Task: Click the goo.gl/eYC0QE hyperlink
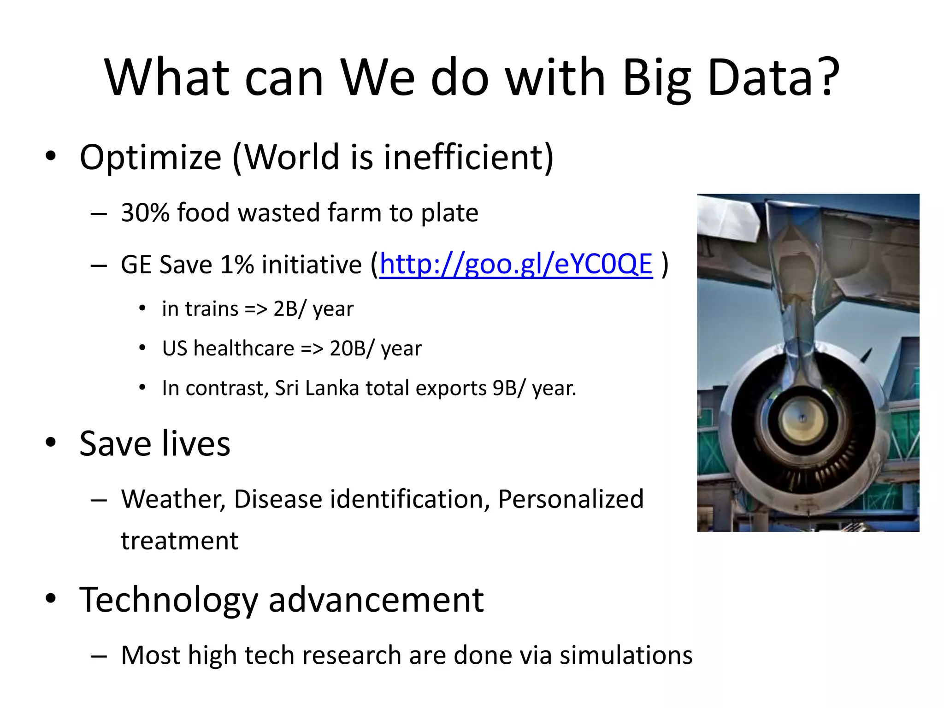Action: coord(515,265)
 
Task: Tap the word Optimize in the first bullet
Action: coord(150,158)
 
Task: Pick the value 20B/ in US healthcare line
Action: coord(351,348)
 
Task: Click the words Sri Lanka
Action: coord(317,388)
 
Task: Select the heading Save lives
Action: coord(154,443)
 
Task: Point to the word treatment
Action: coord(179,541)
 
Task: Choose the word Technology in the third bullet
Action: coord(168,600)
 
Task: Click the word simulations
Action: coord(625,655)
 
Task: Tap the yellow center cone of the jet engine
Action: coord(802,419)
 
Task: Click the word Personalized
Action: coord(570,499)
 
